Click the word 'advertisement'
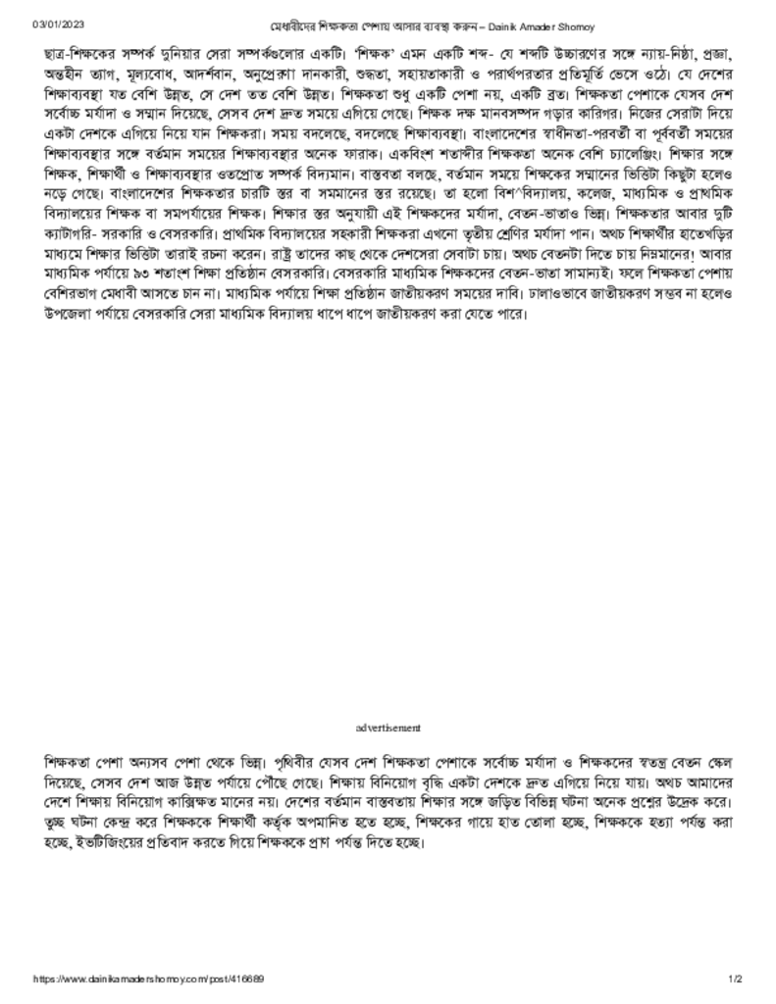click(388, 728)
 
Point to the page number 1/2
click(736, 979)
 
